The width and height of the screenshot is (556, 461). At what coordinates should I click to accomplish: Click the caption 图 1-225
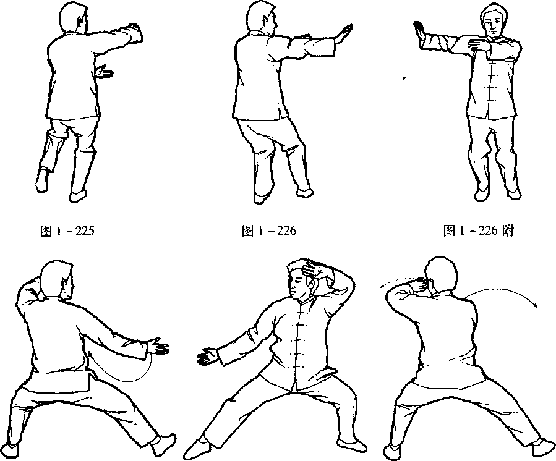[67, 231]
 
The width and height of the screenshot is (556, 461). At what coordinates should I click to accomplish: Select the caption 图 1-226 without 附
[269, 231]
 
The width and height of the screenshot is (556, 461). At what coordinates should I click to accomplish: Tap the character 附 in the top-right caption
[508, 231]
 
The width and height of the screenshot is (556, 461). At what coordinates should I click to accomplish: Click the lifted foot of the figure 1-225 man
[42, 180]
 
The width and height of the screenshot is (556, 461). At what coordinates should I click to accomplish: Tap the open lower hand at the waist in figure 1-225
[105, 72]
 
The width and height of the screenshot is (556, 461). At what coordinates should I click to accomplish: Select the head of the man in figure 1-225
[74, 19]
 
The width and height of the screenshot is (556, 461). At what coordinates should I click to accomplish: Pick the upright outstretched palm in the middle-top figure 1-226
[344, 34]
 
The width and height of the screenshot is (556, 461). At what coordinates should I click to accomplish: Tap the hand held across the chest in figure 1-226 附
[479, 44]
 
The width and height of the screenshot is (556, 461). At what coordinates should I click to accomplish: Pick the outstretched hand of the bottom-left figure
[158, 347]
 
